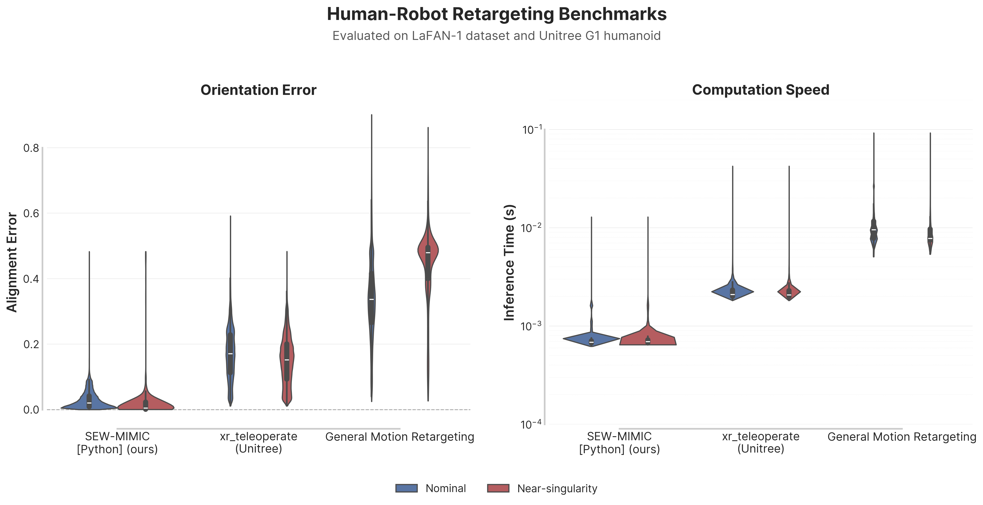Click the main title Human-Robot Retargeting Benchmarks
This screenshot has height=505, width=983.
496,14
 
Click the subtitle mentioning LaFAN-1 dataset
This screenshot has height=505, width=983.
496,36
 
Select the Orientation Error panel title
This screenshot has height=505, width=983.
258,90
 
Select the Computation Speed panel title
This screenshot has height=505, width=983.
761,90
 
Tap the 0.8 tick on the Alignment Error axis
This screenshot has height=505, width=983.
31,148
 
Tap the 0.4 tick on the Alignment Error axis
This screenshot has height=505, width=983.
31,279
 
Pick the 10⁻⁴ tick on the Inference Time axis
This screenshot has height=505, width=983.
531,425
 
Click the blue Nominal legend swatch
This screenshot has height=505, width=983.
406,488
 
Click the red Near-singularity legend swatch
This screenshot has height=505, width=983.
498,488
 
